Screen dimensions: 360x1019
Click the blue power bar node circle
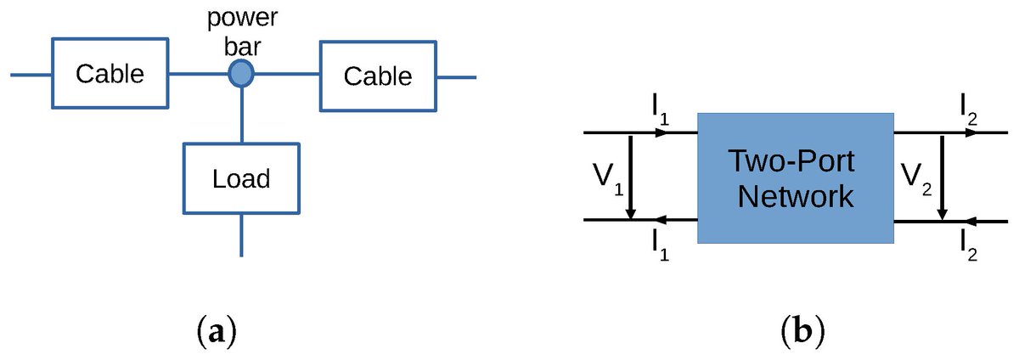[242, 75]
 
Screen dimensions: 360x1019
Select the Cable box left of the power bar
[110, 75]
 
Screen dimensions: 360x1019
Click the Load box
[242, 178]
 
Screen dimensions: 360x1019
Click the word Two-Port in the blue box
[795, 161]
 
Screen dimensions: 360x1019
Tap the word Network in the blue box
[795, 197]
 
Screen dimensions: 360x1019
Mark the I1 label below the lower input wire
[661, 245]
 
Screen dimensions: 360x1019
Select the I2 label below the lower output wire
[967, 245]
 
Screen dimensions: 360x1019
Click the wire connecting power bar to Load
[242, 115]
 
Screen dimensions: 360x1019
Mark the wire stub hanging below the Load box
[242, 235]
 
